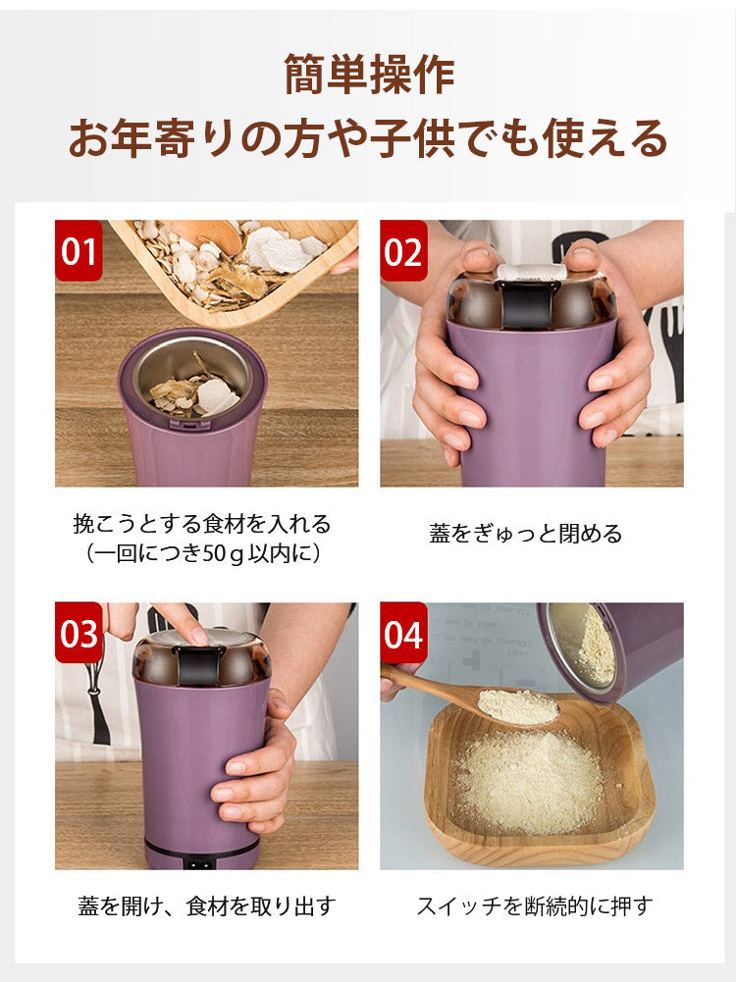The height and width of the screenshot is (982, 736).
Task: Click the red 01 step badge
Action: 79,250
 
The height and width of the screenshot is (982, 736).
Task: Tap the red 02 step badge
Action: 403,250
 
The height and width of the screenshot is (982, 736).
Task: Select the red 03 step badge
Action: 79,633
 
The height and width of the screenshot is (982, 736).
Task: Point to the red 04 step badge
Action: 403,633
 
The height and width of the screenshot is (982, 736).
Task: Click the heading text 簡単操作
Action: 369,75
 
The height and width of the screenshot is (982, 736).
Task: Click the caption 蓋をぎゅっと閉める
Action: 526,534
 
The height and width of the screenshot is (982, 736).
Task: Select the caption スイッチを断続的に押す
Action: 534,905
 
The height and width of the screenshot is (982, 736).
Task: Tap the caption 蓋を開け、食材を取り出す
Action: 207,905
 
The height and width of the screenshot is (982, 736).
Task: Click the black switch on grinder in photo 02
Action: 526,304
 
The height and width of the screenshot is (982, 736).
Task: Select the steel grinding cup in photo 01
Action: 192,378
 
